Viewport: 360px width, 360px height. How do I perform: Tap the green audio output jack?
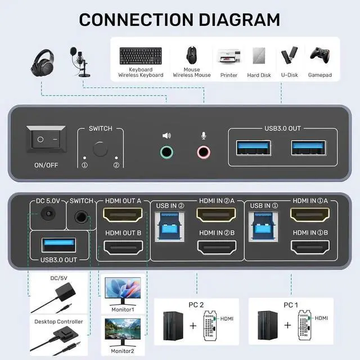click(166, 151)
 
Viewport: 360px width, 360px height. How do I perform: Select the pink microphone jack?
click(203, 151)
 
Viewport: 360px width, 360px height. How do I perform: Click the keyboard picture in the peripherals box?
click(141, 55)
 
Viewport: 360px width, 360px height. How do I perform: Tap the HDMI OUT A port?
click(123, 216)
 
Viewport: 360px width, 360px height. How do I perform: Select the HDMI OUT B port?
click(123, 247)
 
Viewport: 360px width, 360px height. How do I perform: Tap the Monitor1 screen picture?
click(122, 291)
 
